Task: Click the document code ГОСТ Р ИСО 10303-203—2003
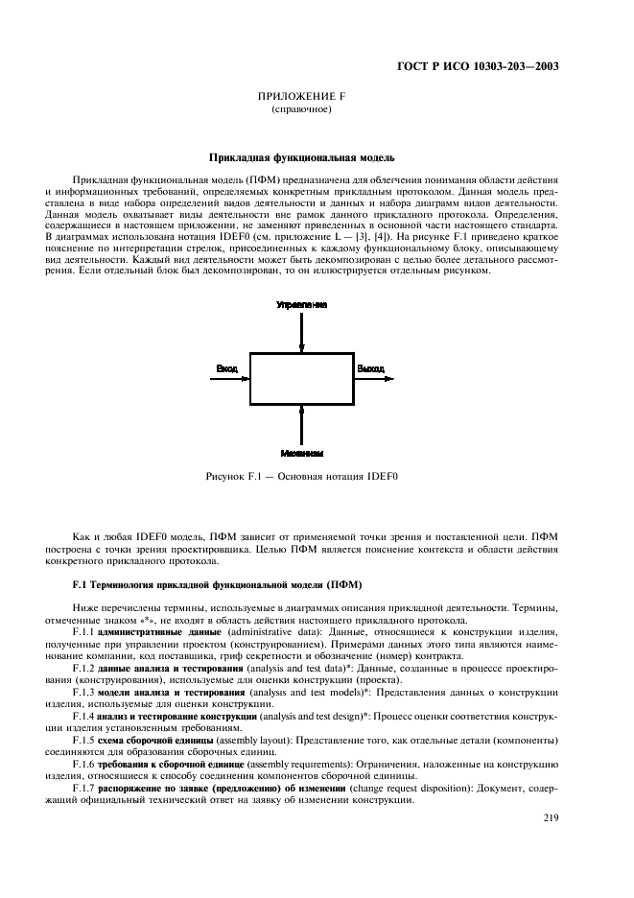(478, 67)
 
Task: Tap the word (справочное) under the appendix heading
(301, 110)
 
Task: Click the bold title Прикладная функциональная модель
(301, 157)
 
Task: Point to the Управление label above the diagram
(301, 304)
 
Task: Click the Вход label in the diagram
(227, 368)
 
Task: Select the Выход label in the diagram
(370, 368)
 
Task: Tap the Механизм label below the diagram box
(301, 452)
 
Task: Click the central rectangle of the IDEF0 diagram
(301, 379)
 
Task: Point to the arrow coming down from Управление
(302, 331)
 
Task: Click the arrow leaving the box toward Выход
(374, 379)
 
